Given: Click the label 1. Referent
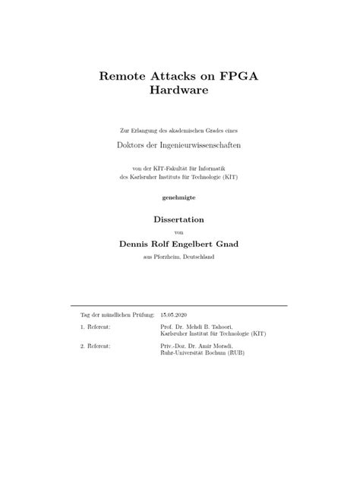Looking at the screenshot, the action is pos(96,326).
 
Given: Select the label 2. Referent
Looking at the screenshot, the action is pos(96,345).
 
